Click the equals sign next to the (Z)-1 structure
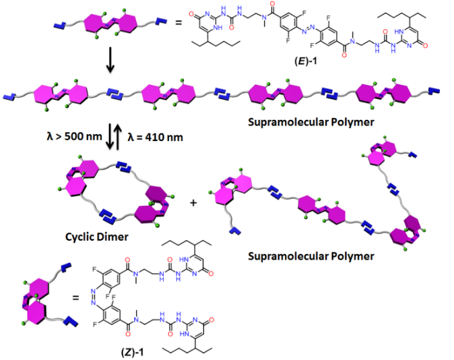76,299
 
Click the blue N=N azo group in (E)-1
310,27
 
